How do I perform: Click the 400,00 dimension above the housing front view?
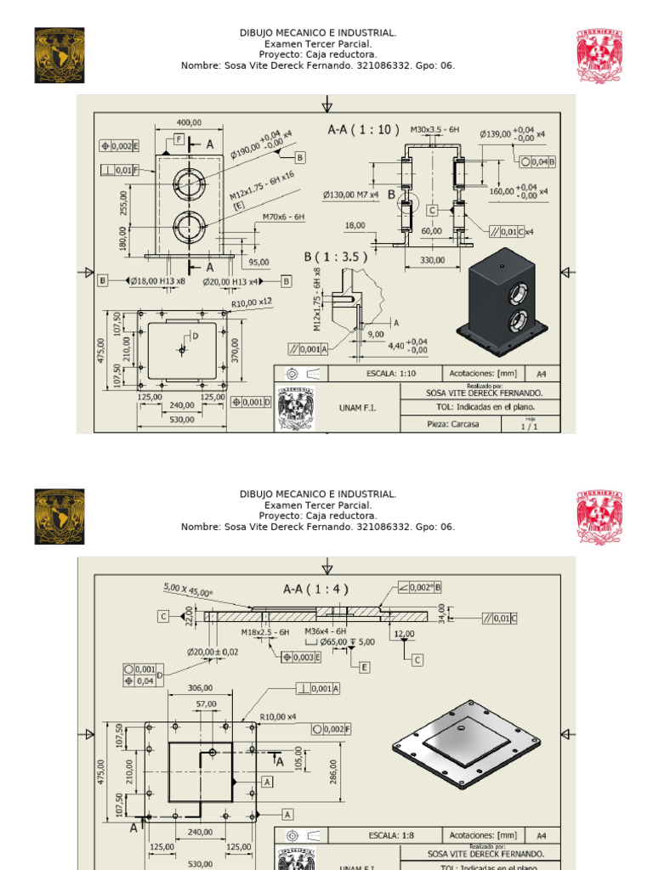pos(189,122)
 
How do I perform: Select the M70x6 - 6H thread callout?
pos(282,217)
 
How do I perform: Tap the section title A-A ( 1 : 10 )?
pos(363,130)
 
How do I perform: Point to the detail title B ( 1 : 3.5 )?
pos(336,257)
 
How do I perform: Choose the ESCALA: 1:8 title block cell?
pos(391,835)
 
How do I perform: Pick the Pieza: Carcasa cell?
pos(452,424)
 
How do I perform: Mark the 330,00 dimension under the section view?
pos(432,261)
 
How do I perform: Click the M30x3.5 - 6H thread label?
pos(434,129)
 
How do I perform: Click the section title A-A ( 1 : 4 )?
pos(315,588)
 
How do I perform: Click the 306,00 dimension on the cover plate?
pos(201,688)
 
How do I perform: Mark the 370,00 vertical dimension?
pos(236,348)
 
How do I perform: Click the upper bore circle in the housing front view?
pos(188,182)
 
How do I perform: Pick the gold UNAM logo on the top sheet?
pos(60,55)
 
